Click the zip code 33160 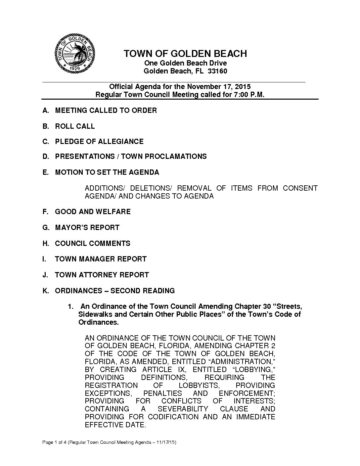tap(217, 71)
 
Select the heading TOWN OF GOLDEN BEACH tap(185, 54)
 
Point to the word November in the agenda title tap(202, 87)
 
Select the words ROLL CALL tap(75, 126)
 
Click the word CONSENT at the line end tap(300, 188)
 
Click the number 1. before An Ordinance tap(70, 306)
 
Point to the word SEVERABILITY tap(183, 409)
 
